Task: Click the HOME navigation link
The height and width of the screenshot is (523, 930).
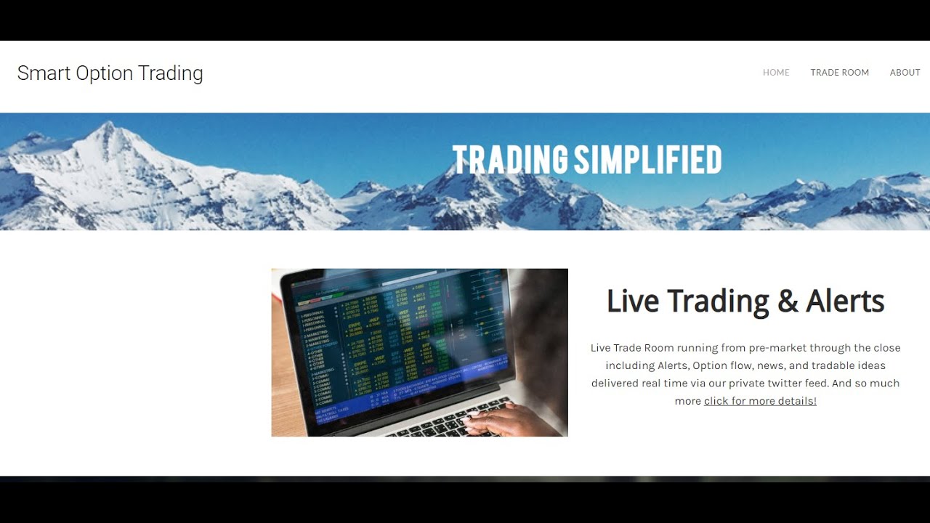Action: [x=776, y=73]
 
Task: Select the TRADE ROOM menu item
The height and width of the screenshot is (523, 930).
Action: [x=839, y=73]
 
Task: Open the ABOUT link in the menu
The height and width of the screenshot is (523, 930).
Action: [x=905, y=73]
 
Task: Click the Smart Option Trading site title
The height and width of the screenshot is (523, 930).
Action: [x=110, y=73]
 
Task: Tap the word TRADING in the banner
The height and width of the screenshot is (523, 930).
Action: [x=510, y=160]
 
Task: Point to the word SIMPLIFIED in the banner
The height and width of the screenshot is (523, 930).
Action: [x=647, y=160]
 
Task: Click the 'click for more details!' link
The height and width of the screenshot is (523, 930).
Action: [x=760, y=401]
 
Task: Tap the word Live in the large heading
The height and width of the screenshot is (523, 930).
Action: [x=632, y=301]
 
